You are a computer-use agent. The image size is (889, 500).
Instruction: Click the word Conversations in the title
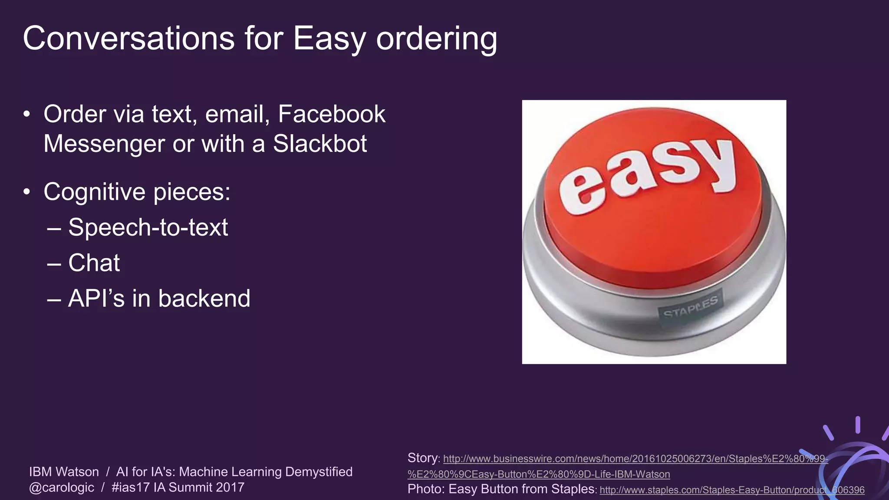point(128,38)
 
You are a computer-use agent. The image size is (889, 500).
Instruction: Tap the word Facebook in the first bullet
point(332,114)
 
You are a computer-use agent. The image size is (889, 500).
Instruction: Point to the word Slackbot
point(320,144)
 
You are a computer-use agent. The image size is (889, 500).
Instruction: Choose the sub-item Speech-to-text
point(148,227)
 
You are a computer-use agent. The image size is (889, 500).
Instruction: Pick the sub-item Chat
point(94,263)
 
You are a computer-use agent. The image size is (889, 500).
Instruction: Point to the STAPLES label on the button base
point(690,307)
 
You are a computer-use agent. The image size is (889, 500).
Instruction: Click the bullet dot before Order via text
point(27,115)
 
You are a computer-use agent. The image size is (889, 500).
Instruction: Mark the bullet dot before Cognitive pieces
point(27,192)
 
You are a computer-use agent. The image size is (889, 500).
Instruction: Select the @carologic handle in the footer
point(62,487)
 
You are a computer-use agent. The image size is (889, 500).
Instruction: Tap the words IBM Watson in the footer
point(64,472)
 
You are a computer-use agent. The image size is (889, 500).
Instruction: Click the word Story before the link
point(423,458)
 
